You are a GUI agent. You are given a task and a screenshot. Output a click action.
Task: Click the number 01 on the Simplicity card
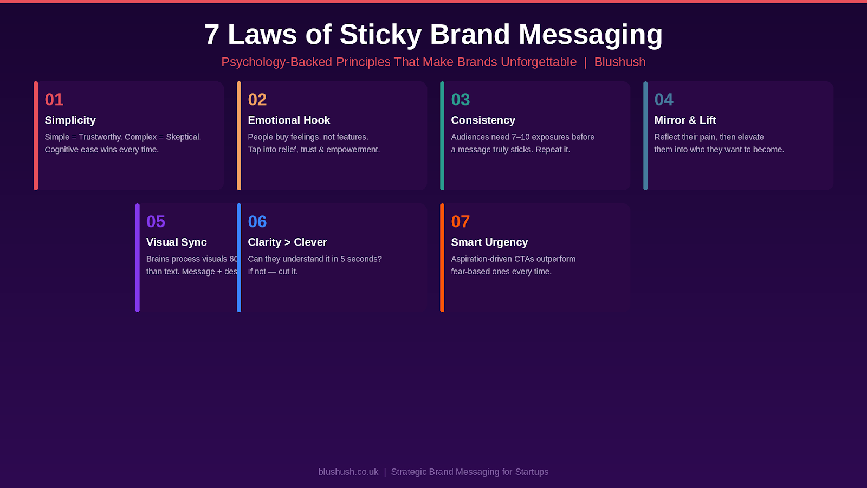[x=54, y=100]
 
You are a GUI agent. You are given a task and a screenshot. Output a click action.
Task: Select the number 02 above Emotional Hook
[x=257, y=100]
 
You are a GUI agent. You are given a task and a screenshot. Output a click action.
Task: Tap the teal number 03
[x=461, y=100]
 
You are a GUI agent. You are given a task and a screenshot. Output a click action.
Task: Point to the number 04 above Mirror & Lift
[x=664, y=100]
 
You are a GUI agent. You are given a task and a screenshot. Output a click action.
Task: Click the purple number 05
[x=156, y=222]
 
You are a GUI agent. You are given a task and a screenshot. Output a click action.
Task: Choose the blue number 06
[x=257, y=222]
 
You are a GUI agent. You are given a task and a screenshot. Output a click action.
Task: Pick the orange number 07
[x=461, y=222]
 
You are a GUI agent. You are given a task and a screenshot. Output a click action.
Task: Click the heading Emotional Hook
[x=289, y=120]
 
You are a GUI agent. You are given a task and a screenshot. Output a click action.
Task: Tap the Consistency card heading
[x=483, y=120]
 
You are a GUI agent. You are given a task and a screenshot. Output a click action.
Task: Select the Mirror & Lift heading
[x=685, y=120]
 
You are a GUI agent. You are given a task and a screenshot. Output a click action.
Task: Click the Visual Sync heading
[x=177, y=242]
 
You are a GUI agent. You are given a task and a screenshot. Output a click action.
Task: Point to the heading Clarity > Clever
[x=287, y=242]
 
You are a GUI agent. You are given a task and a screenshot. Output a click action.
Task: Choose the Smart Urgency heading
[x=489, y=242]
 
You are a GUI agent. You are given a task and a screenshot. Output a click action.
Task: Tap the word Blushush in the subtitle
[x=620, y=62]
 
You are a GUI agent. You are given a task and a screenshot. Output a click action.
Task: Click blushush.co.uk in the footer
[x=348, y=472]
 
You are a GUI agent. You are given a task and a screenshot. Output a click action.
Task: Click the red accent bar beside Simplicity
[x=36, y=136]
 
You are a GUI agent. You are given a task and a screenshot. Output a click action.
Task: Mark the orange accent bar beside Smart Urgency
[x=442, y=258]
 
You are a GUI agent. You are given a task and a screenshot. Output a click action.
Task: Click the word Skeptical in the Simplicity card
[x=183, y=137]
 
